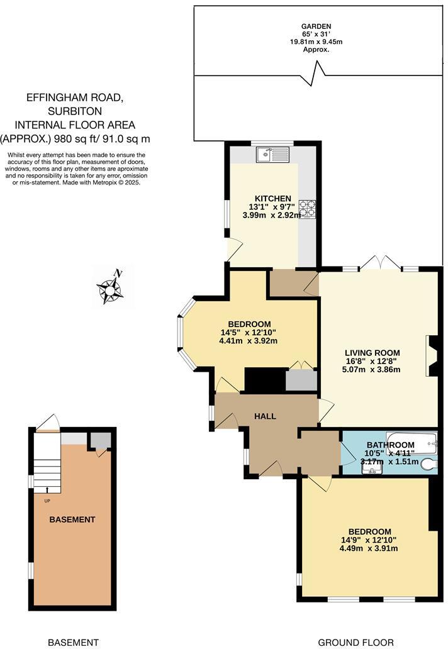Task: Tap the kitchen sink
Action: coord(272,153)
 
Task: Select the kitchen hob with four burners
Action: coord(306,209)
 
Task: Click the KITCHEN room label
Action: coord(272,199)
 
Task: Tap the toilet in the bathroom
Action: coord(428,465)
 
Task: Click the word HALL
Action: coord(265,416)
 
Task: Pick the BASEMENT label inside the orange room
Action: coord(72,519)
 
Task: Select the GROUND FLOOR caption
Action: coord(356,642)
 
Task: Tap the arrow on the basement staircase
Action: coord(47,489)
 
